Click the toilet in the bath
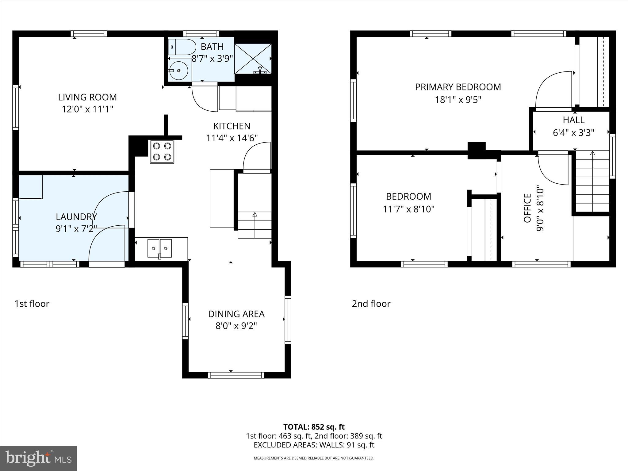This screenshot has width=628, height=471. [x=182, y=47]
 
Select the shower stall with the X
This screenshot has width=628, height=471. [x=253, y=59]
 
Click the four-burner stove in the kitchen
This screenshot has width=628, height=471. [x=162, y=151]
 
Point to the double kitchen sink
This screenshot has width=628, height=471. [x=159, y=248]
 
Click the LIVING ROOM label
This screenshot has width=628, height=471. [x=87, y=97]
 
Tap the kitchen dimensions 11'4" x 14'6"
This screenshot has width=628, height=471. [x=232, y=138]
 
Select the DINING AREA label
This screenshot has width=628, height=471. [x=236, y=314]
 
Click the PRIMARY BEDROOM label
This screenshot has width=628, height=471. [x=458, y=87]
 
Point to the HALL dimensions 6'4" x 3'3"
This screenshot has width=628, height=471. [x=573, y=133]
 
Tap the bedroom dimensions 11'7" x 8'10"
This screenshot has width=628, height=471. [x=408, y=209]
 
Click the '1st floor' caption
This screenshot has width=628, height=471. [x=32, y=304]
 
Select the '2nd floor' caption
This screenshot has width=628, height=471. [x=371, y=304]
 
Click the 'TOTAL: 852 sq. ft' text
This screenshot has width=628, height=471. [x=314, y=427]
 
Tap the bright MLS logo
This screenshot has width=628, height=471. [x=38, y=458]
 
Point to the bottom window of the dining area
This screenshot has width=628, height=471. [x=236, y=375]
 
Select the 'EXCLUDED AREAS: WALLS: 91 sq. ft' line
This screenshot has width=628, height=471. [x=314, y=445]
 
